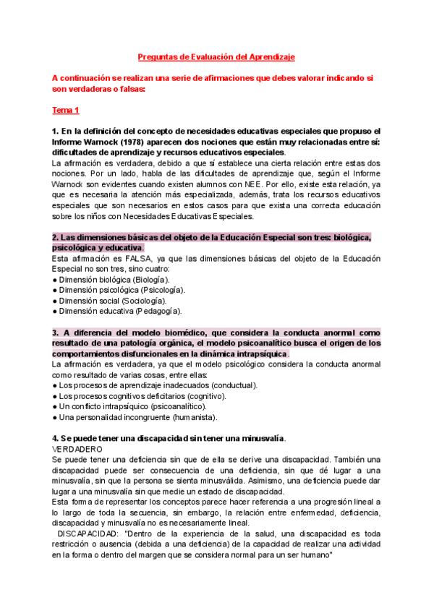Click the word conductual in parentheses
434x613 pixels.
click(234, 385)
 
